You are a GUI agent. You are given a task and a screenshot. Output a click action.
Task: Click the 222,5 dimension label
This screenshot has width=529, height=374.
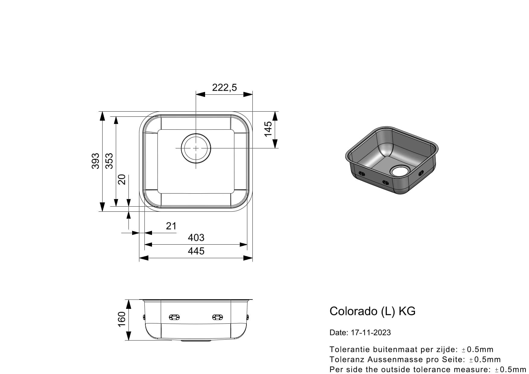point(224,87)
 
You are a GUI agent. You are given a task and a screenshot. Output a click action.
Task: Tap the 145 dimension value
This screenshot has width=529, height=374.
point(268,129)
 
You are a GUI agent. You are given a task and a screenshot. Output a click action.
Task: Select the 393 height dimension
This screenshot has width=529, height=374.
point(95,161)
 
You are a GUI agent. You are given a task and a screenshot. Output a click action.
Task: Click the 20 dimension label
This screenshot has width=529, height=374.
point(122,179)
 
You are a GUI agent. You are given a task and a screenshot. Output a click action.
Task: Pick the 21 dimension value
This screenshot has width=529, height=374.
point(171,226)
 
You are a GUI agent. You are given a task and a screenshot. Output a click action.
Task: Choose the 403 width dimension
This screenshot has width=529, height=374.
point(196,238)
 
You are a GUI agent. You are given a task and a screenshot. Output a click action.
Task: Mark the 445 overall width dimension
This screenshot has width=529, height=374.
point(196,251)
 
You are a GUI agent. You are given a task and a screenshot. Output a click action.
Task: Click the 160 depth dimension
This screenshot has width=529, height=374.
point(121,319)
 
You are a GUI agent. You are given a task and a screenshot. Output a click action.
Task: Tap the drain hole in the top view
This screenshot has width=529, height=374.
point(196,148)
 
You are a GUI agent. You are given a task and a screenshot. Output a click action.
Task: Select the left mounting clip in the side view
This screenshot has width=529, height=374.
point(174,317)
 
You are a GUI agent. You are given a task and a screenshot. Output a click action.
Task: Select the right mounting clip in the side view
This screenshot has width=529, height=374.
point(217,317)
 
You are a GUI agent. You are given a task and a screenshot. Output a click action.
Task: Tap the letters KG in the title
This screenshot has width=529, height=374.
point(407,311)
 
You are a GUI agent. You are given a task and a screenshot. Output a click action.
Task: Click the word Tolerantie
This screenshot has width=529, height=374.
point(350,350)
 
